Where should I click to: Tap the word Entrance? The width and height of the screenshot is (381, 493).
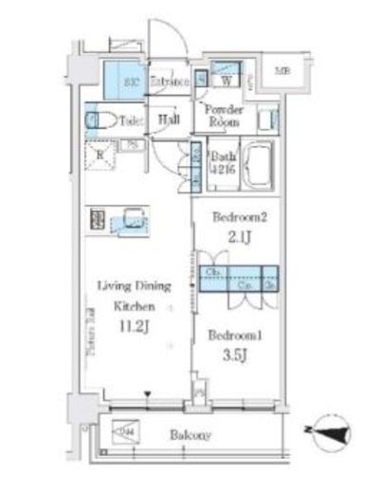[171, 82]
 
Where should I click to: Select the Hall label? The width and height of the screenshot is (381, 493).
[170, 119]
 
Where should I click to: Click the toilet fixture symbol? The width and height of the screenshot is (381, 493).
[97, 120]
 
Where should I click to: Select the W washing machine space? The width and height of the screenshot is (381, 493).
[227, 81]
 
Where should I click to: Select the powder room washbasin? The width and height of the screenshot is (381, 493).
[268, 120]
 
